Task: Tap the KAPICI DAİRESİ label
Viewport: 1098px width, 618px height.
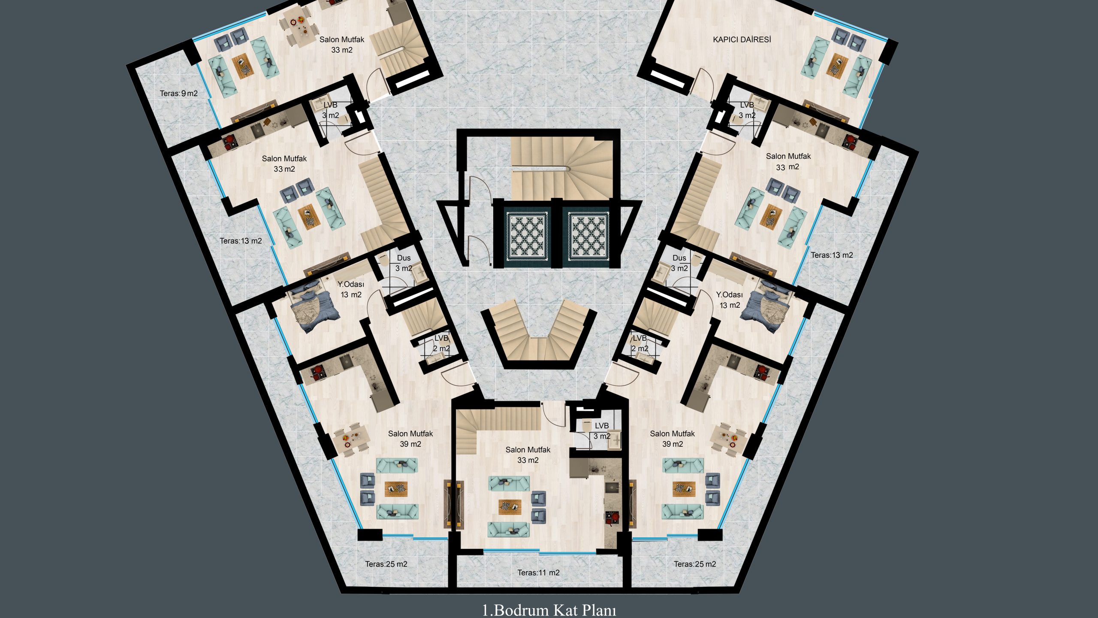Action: coord(742,39)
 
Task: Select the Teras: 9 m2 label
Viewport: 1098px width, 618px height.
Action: coord(179,94)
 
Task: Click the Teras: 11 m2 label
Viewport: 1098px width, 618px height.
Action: coord(538,573)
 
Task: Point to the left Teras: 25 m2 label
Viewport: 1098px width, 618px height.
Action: coord(386,564)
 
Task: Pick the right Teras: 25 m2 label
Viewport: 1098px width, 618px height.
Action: coord(695,564)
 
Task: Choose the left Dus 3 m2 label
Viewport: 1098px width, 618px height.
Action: coord(404,263)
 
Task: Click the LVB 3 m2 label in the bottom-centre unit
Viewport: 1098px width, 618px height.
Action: coord(602,431)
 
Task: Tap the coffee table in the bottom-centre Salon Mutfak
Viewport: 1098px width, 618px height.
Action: coord(510,507)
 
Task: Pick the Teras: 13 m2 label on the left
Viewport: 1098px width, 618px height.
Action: coord(241,241)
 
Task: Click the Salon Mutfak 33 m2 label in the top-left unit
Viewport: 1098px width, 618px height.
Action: coord(342,45)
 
